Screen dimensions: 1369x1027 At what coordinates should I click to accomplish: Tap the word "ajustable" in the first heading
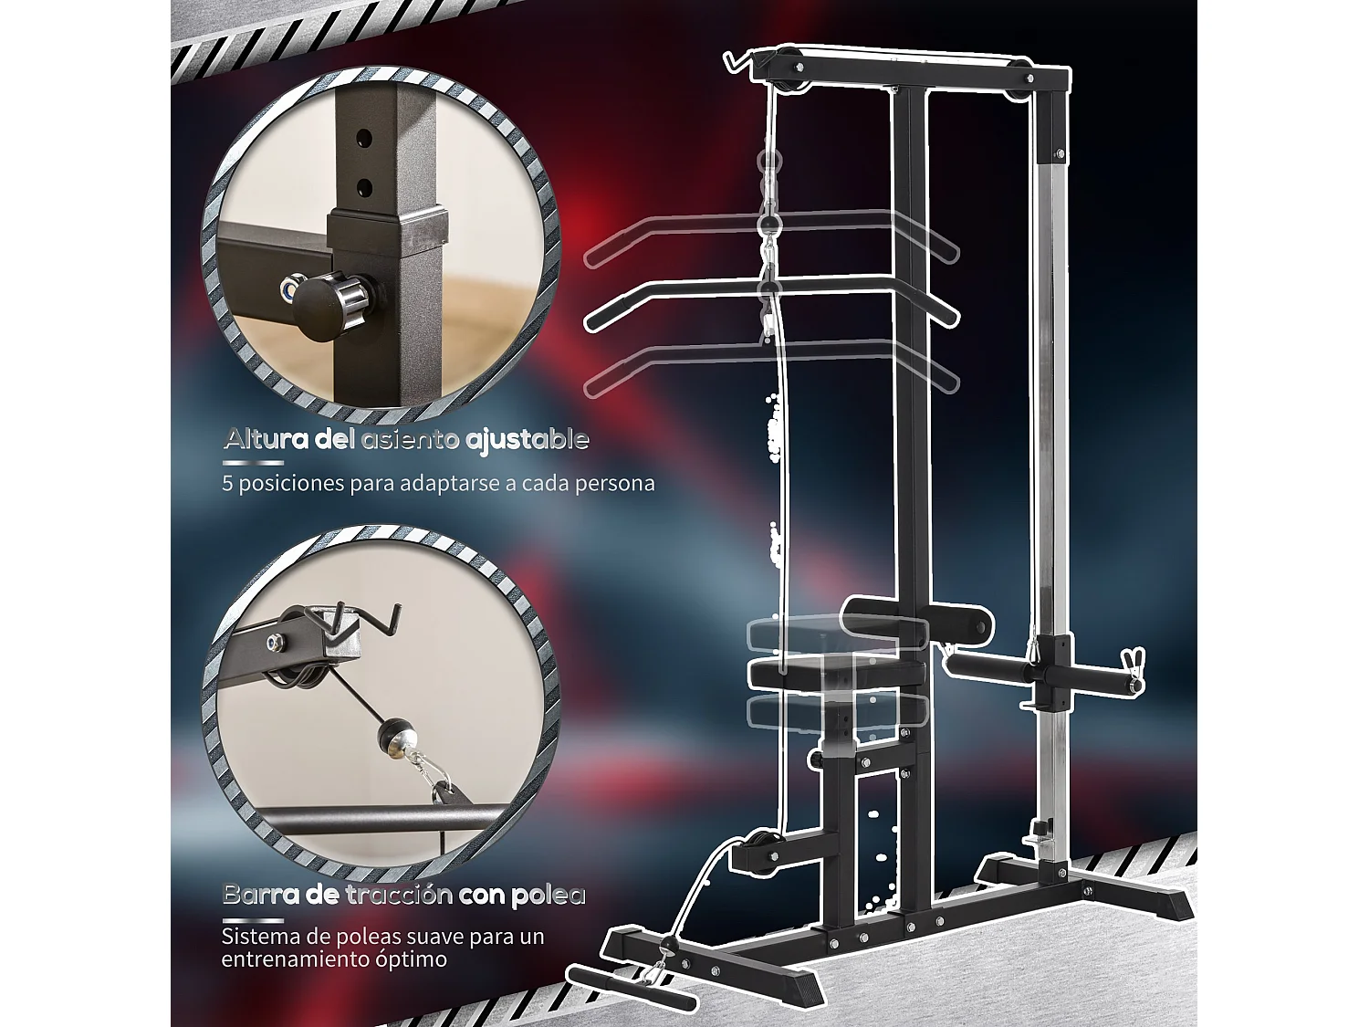coord(527,441)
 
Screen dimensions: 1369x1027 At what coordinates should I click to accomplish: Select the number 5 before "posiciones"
coord(227,483)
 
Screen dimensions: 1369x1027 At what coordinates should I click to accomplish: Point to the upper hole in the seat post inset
coord(364,139)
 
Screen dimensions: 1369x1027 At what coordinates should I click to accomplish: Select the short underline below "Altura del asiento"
coord(253,464)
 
